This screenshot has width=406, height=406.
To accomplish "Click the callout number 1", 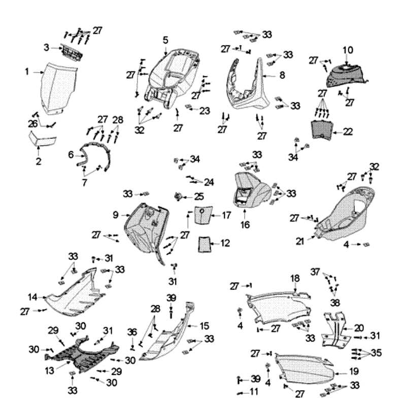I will coord(27,72).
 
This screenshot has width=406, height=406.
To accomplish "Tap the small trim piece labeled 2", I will coord(46,47).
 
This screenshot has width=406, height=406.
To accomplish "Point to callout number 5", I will coord(165,40).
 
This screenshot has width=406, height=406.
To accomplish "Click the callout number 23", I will coord(205,110).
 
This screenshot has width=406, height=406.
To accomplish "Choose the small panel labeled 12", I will coord(205,244).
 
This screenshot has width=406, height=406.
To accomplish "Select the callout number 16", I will coord(245,224).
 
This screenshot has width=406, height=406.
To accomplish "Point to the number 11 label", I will coord(254,392).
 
